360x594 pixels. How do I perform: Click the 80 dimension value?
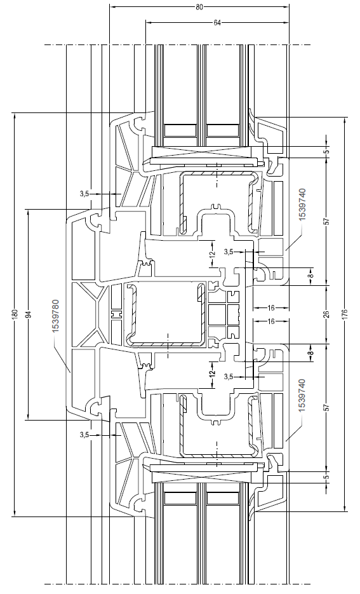tap(199, 6)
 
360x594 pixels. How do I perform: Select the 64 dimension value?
tap(217, 23)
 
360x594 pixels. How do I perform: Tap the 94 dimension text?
tap(29, 314)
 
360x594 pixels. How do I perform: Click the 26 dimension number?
tap(328, 314)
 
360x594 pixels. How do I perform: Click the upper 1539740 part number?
tap(302, 204)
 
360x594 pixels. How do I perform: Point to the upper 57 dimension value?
tap(328, 221)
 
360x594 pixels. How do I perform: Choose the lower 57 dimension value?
tap(328, 408)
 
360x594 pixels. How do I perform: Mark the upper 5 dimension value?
tap(328, 152)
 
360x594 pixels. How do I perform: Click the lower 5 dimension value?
tap(328, 477)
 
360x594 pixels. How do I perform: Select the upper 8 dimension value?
tap(310, 275)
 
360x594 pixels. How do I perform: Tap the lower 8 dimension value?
tap(310, 353)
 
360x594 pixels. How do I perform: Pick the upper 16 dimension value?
tap(271, 308)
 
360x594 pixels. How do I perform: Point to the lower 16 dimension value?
tap(271, 321)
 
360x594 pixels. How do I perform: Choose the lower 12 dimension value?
tap(212, 373)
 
